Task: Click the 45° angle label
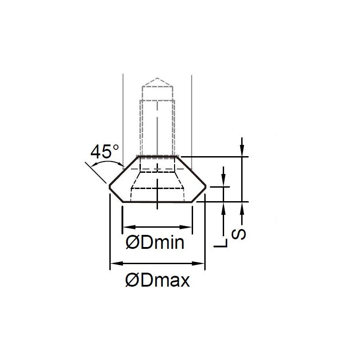[x=105, y=152]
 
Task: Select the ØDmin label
[x=155, y=243]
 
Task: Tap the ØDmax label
[x=158, y=280]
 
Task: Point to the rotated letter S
[x=238, y=234]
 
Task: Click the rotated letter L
[x=220, y=243]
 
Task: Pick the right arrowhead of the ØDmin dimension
[x=185, y=227]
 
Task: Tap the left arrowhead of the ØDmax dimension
[x=117, y=263]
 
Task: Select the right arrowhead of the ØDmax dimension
[x=198, y=263]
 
